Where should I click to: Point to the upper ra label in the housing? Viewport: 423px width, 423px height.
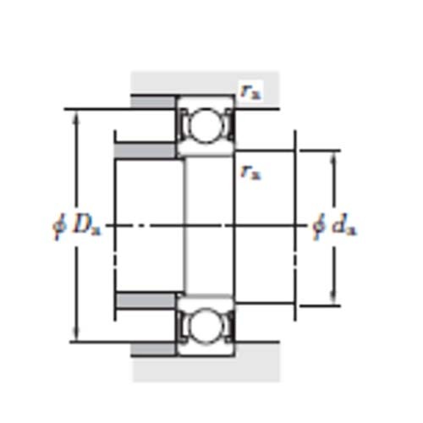[249, 91]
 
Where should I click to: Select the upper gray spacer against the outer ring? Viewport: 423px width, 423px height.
[152, 102]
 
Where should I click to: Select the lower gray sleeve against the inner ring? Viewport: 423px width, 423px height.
[146, 300]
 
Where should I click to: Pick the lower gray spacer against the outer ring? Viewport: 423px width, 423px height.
[152, 349]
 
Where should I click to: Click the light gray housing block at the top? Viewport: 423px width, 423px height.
[203, 83]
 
